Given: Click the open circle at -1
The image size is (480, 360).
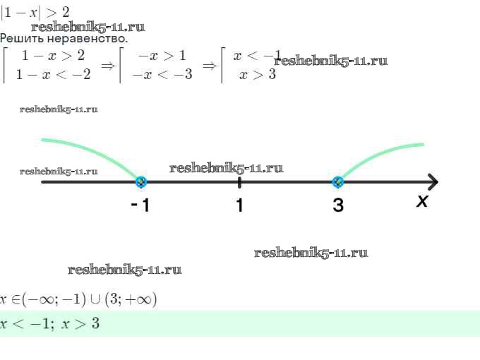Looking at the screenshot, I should [141, 182].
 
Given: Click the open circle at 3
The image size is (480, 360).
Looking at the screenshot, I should [337, 182].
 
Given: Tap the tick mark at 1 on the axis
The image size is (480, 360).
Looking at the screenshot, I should [240, 183].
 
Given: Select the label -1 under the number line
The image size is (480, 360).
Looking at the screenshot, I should [140, 206].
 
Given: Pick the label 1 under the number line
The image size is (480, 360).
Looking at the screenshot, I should [239, 206].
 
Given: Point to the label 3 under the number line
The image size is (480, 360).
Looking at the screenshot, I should [338, 206].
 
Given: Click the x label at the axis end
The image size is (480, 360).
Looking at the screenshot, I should [422, 201].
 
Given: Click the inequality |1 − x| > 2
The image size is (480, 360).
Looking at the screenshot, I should [39, 11].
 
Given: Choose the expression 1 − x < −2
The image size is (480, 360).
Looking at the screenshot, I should [53, 74].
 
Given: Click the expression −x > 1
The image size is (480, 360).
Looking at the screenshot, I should [162, 56].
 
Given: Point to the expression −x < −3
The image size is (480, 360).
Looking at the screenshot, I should [162, 74].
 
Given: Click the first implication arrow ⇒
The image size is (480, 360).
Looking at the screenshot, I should [108, 66].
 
